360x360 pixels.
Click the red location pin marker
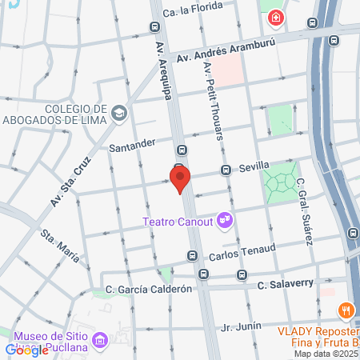[180, 178]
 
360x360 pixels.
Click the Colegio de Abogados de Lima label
[65, 116]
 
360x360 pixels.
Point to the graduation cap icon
[119, 113]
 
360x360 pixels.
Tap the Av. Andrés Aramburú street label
[219, 52]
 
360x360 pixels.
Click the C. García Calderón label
[149, 289]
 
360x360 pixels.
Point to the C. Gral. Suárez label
[303, 212]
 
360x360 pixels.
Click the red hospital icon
[275, 17]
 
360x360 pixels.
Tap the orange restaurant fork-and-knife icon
[346, 310]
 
